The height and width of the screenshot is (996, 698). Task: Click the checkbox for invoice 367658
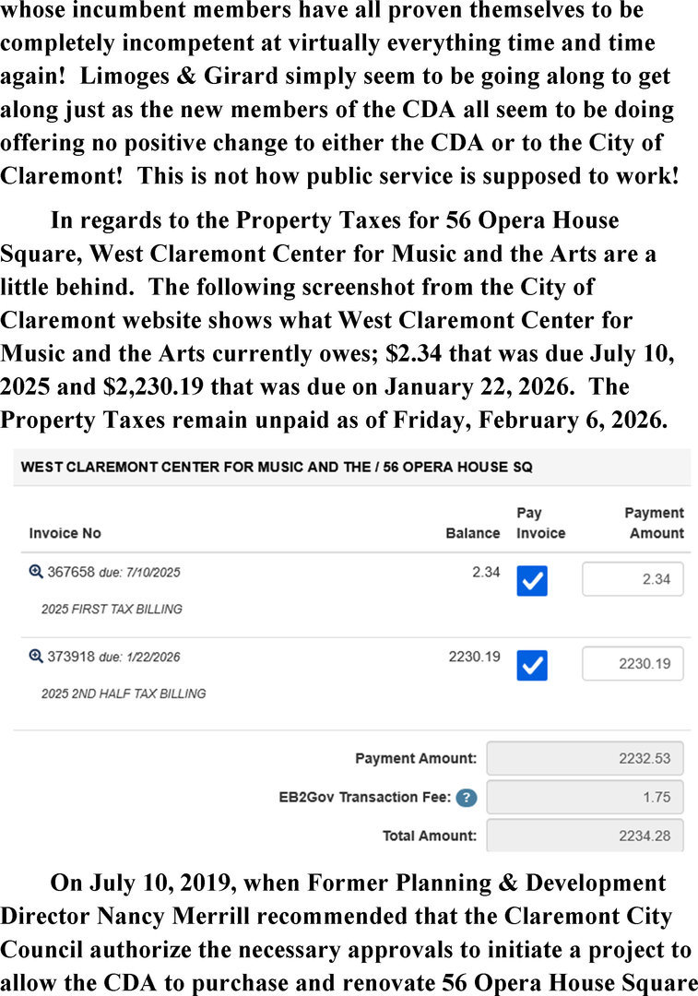tap(532, 580)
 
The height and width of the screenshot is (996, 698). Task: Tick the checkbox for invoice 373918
tap(532, 665)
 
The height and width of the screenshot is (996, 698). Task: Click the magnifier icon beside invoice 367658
tap(36, 572)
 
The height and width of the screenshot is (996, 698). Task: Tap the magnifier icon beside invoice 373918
tap(36, 657)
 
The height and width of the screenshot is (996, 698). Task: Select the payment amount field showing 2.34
tap(633, 579)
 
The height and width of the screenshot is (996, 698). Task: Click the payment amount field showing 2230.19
tap(633, 664)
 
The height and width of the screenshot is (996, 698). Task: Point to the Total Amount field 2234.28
tap(585, 836)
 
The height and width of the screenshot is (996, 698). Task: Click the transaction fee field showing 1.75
tap(585, 797)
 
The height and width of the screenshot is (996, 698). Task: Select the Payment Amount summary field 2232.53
tap(585, 758)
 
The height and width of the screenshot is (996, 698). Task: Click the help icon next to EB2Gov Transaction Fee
tap(467, 798)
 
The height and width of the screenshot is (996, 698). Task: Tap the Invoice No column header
tap(65, 533)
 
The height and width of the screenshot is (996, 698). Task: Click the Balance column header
tap(472, 533)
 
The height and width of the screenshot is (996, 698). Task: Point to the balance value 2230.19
tap(474, 657)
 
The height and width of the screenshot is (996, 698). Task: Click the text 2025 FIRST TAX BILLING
tap(112, 609)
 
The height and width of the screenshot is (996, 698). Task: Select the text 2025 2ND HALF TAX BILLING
tap(124, 694)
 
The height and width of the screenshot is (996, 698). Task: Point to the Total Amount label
tap(430, 836)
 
